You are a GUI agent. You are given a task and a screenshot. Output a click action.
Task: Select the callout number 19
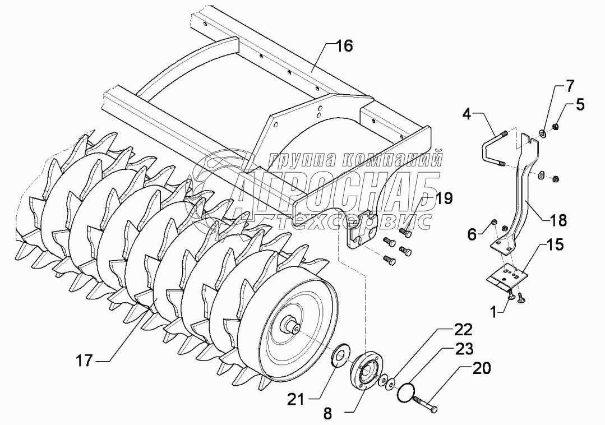tap(444, 198)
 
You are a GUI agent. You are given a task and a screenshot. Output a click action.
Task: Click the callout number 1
tap(493, 311)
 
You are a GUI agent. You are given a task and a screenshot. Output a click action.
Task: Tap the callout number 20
tap(481, 368)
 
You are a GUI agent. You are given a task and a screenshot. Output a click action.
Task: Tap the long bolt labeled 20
tap(426, 403)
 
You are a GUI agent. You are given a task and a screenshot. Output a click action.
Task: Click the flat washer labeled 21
tap(340, 356)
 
